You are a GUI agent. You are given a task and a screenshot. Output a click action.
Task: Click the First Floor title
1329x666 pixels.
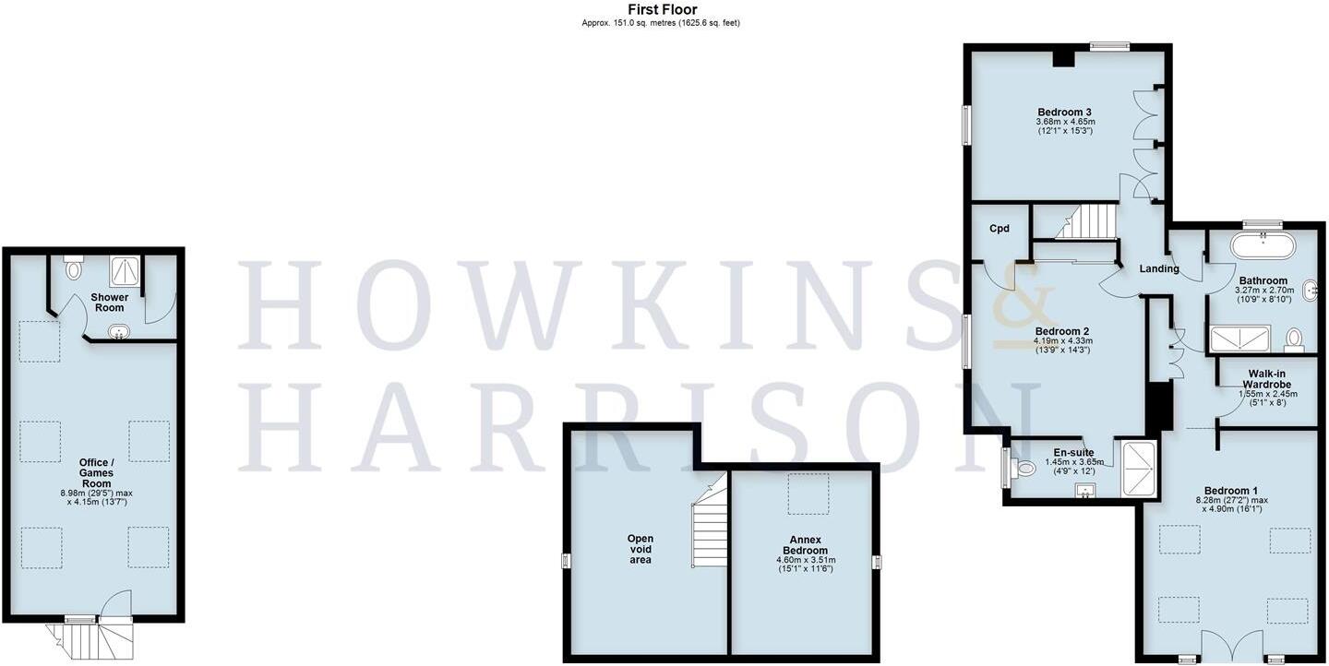(662, 9)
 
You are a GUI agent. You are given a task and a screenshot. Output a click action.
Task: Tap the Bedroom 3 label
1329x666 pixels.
(1064, 113)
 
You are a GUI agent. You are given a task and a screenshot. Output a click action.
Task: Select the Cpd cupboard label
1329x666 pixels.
(1000, 229)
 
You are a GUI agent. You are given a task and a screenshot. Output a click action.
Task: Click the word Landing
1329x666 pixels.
(1159, 269)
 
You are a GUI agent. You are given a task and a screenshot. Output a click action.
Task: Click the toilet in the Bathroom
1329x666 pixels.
(1295, 339)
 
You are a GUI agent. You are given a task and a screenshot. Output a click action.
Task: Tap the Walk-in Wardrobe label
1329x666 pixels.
(1266, 378)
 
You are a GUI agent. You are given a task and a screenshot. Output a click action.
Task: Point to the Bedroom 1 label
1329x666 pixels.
(1230, 491)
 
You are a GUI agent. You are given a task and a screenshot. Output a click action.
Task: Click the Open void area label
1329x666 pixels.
(641, 549)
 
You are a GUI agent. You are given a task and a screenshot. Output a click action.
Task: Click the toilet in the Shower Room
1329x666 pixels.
(74, 268)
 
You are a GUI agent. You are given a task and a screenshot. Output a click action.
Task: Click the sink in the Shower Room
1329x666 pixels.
(117, 332)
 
